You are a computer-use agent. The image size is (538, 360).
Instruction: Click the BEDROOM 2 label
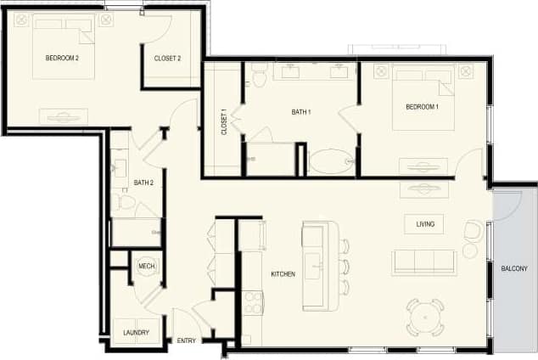click(63, 58)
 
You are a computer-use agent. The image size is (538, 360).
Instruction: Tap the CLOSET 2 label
click(167, 59)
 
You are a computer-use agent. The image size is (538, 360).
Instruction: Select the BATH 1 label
click(301, 111)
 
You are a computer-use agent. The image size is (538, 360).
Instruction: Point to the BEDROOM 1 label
click(422, 107)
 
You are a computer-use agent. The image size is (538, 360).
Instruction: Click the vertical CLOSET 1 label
click(224, 122)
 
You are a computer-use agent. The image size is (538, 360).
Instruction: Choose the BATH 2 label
click(143, 183)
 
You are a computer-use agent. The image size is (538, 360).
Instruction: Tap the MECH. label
click(146, 267)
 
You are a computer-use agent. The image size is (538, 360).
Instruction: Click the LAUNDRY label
click(137, 333)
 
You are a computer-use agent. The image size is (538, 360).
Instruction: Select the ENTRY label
click(187, 341)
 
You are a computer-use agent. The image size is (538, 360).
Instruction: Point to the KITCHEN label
click(283, 274)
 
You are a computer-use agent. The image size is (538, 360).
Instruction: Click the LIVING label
click(425, 224)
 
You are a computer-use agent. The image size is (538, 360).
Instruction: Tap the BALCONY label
click(514, 269)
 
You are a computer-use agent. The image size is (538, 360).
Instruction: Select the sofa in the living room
click(423, 262)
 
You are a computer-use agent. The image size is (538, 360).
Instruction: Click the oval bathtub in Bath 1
click(331, 161)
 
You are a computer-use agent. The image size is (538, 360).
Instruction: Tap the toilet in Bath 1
click(259, 77)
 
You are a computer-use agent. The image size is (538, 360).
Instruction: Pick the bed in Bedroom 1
click(423, 98)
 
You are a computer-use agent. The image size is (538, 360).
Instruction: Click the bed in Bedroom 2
click(64, 47)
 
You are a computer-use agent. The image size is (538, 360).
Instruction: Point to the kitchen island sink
click(314, 265)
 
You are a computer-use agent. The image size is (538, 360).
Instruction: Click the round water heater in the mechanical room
click(146, 267)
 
